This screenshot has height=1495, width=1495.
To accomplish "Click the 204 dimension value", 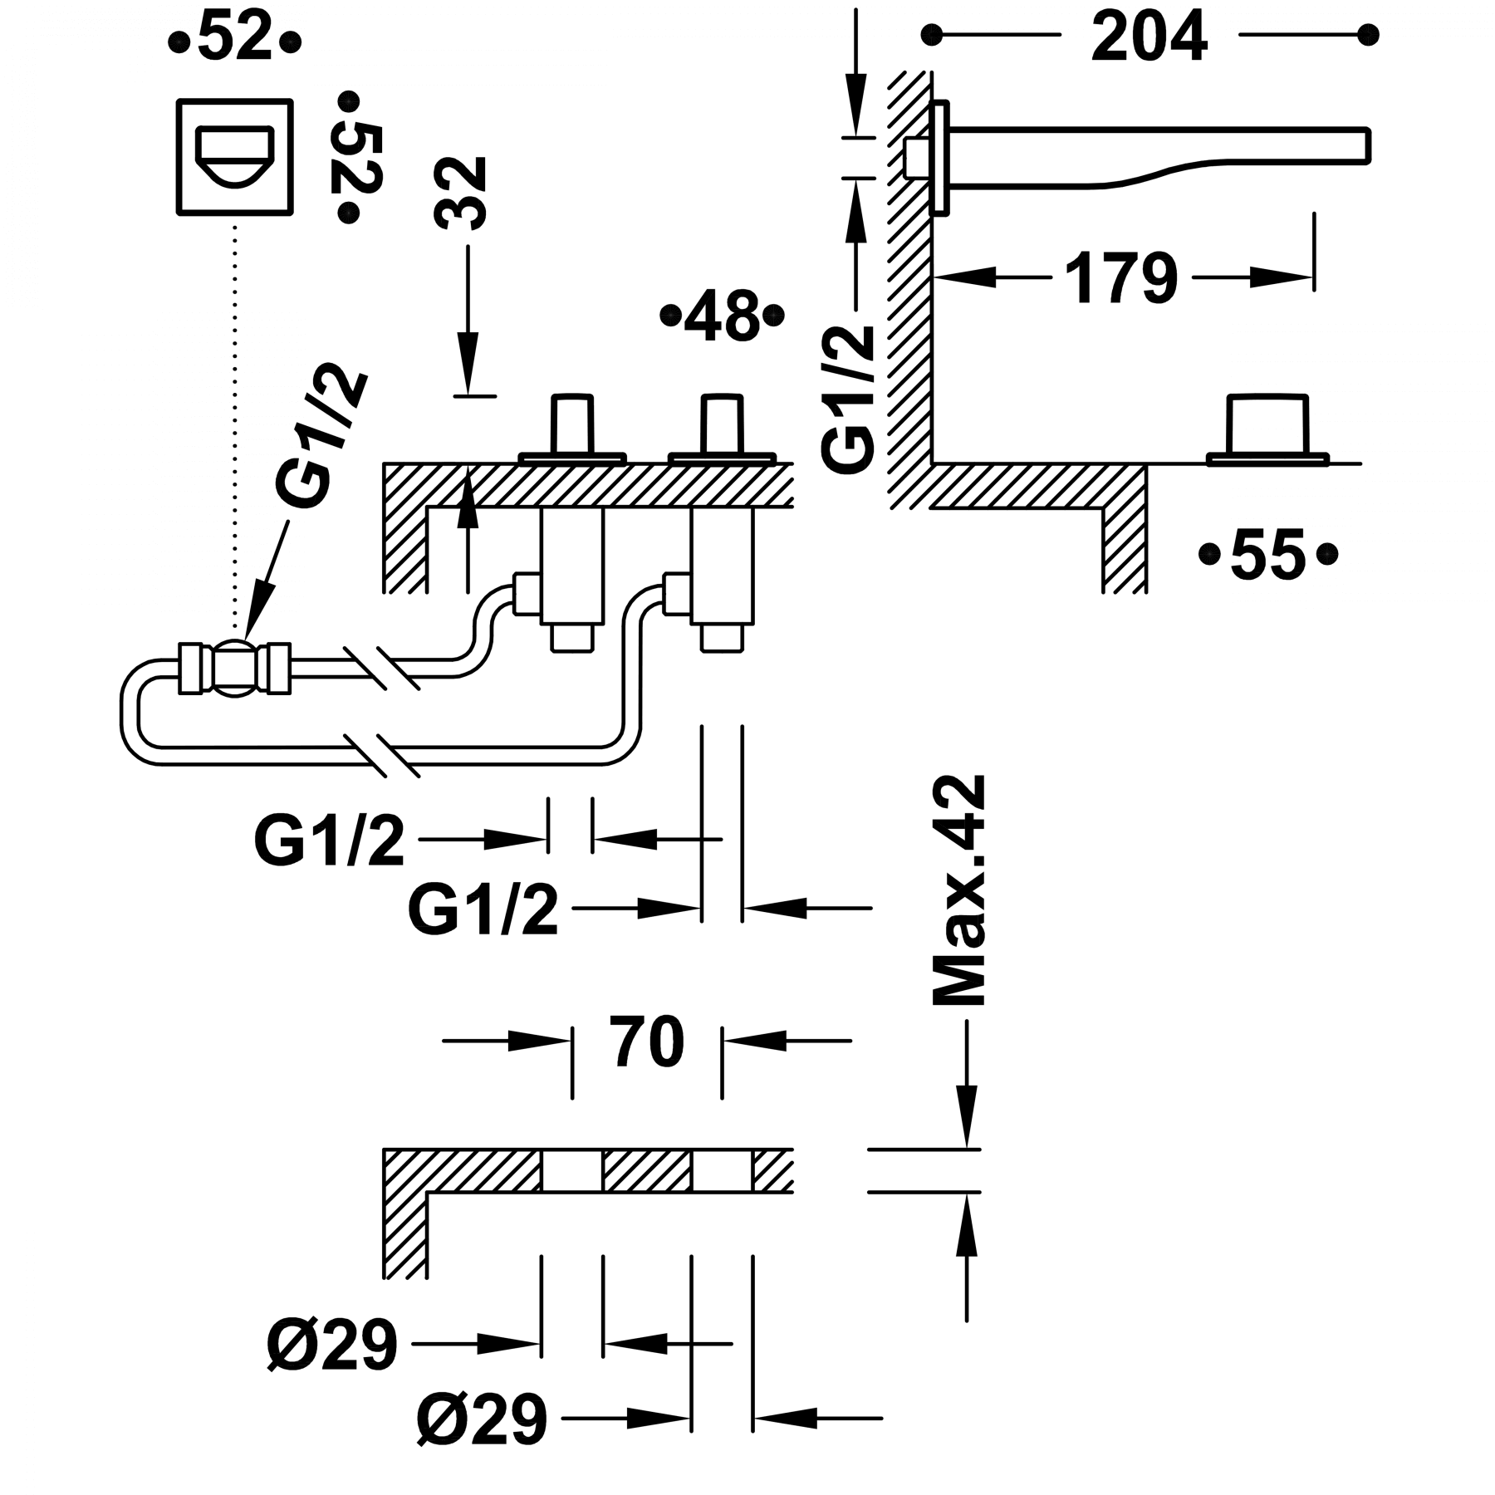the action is pyautogui.click(x=1149, y=37).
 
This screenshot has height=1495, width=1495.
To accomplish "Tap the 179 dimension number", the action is pyautogui.click(x=1121, y=278).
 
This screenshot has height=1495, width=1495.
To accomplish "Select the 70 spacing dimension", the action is pyautogui.click(x=648, y=1042).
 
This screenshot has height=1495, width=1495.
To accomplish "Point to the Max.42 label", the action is pyautogui.click(x=960, y=891).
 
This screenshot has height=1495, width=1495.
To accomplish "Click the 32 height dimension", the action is pyautogui.click(x=459, y=193).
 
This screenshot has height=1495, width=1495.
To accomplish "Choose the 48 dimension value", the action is pyautogui.click(x=722, y=316).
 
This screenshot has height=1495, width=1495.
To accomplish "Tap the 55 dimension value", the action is pyautogui.click(x=1268, y=554).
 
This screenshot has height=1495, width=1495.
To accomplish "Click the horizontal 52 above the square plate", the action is pyautogui.click(x=235, y=39).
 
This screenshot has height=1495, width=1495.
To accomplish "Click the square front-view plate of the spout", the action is pyautogui.click(x=235, y=157).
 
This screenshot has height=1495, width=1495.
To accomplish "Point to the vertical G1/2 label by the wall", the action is pyautogui.click(x=849, y=399).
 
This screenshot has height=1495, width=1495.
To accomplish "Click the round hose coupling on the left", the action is pyautogui.click(x=235, y=667).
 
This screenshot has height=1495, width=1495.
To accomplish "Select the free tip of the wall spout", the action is pyautogui.click(x=1367, y=145).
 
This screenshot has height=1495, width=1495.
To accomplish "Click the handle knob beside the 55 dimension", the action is pyautogui.click(x=1268, y=425).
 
